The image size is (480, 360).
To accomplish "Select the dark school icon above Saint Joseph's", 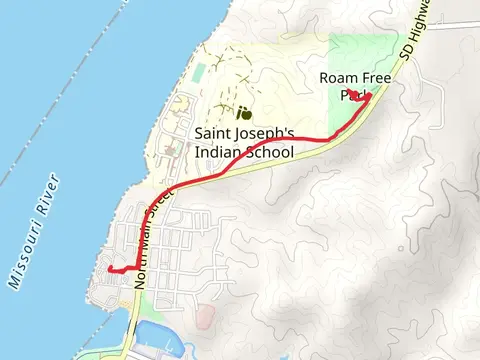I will [243, 112].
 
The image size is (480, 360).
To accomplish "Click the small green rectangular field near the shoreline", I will [200, 73].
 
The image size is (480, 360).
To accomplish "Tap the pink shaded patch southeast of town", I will [205, 317].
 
